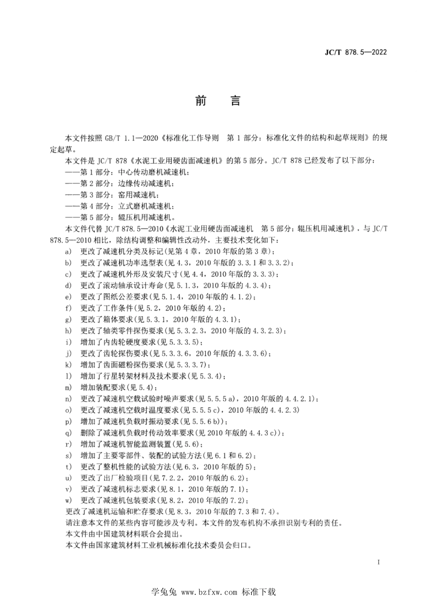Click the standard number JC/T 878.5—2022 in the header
tap(356, 52)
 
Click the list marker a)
tap(68, 251)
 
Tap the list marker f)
tap(68, 308)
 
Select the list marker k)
tap(68, 365)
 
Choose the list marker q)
tap(68, 433)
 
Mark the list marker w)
tap(68, 501)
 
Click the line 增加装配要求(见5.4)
tap(119, 387)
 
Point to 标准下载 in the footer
tap(258, 592)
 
